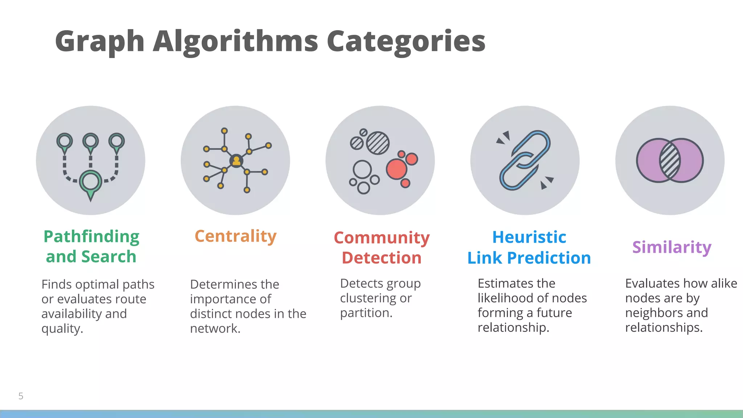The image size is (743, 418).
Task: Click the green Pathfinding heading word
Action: pyautogui.click(x=91, y=237)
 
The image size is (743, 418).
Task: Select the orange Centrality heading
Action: pyautogui.click(x=235, y=236)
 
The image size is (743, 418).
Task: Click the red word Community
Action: pyautogui.click(x=382, y=238)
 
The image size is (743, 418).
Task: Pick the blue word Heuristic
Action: pyautogui.click(x=529, y=237)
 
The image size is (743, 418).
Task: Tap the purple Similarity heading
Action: pyautogui.click(x=672, y=247)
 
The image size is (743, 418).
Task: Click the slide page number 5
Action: pyautogui.click(x=21, y=396)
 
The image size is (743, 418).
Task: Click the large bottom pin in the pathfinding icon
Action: pyautogui.click(x=90, y=182)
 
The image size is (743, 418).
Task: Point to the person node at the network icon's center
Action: pyautogui.click(x=236, y=160)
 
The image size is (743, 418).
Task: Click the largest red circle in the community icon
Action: pyautogui.click(x=396, y=169)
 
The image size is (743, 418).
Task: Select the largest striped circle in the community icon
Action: pyautogui.click(x=378, y=143)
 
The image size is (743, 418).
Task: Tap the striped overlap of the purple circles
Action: pyautogui.click(x=670, y=160)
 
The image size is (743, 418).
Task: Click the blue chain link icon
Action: pyautogui.click(x=525, y=160)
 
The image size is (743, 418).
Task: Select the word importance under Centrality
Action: pyautogui.click(x=230, y=299)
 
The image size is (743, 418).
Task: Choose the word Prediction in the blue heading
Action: pyautogui.click(x=549, y=258)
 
